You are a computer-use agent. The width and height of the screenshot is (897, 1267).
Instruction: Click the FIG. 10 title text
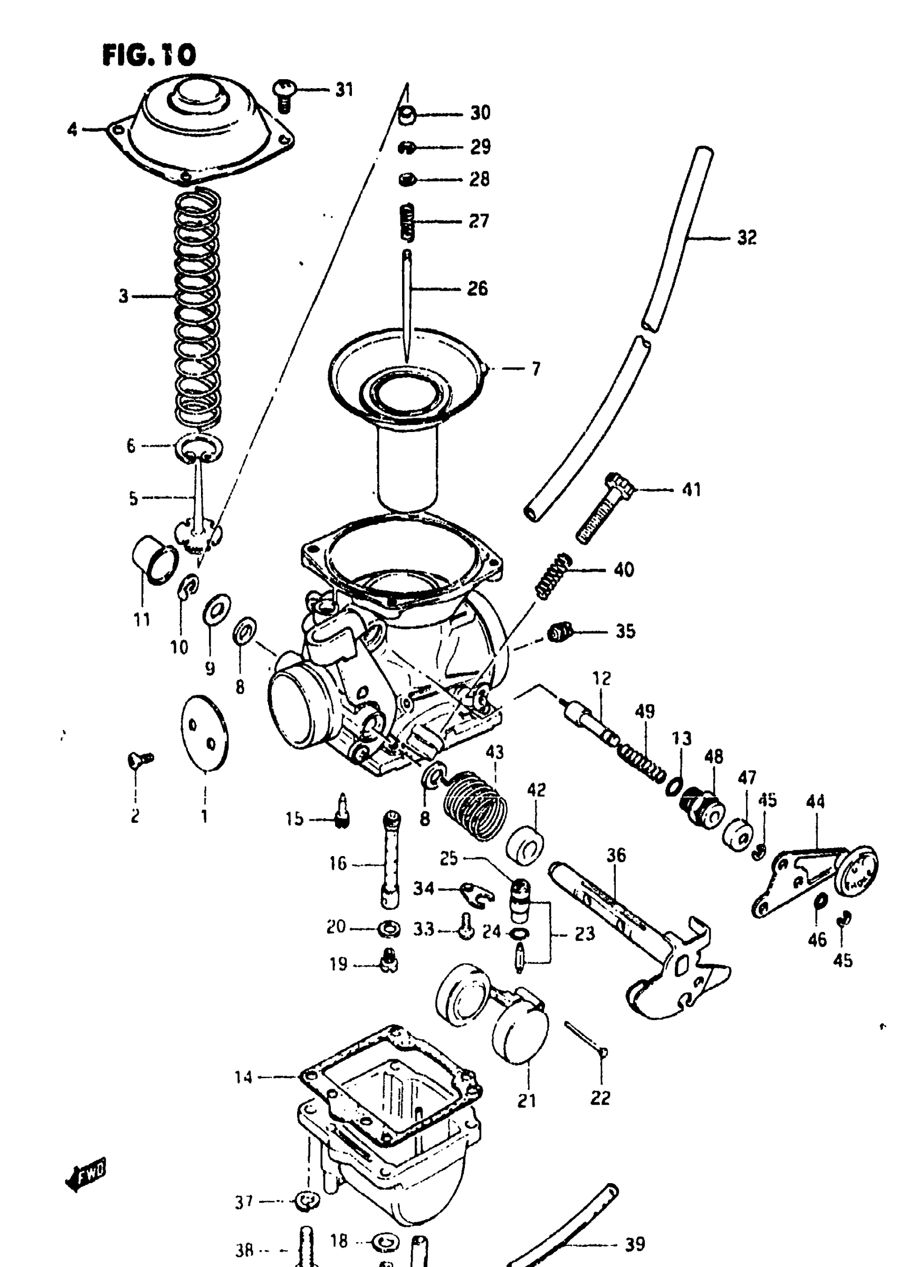point(149,55)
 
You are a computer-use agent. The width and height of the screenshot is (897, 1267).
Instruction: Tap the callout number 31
point(344,90)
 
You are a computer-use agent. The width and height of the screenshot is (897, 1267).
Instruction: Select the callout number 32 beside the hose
point(747,238)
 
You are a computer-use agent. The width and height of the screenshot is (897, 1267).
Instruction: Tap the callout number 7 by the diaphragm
point(535,369)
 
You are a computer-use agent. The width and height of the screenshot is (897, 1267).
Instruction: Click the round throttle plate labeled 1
point(205,733)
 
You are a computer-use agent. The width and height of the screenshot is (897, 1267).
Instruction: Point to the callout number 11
point(142,619)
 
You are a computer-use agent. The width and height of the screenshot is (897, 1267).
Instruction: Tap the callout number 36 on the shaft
point(616,855)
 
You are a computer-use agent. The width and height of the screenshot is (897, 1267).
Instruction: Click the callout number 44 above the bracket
point(815,801)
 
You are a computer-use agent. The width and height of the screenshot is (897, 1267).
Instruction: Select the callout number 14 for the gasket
point(244,1077)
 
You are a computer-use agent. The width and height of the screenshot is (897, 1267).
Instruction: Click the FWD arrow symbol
point(85,1174)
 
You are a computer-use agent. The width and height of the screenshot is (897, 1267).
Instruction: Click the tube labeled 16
point(390,861)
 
